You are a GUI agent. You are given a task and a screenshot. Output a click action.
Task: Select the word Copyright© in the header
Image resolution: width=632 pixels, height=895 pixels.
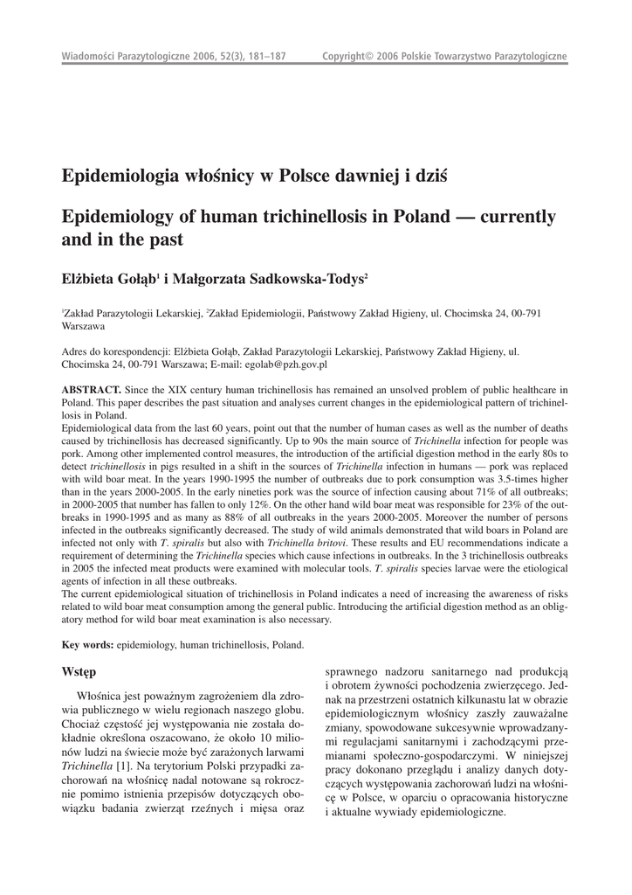pyautogui.click(x=347, y=57)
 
